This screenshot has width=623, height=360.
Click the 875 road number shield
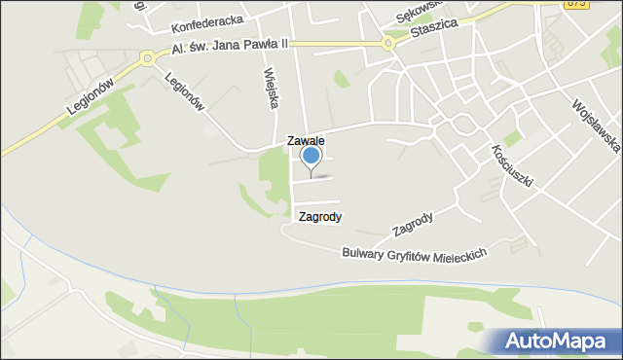[x=575, y=5]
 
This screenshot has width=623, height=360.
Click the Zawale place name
[x=305, y=141]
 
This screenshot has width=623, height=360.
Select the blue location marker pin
[x=311, y=157]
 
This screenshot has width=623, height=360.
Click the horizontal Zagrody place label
[x=320, y=217]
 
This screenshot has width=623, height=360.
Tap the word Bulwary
[x=365, y=253]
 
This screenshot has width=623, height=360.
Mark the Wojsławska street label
[x=596, y=126]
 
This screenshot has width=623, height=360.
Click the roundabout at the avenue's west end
[x=147, y=58]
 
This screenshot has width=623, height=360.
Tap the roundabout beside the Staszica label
[x=388, y=43]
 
